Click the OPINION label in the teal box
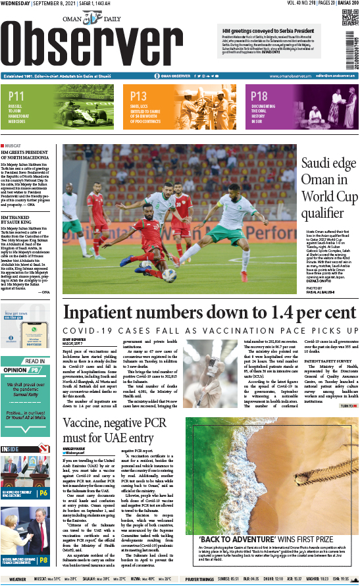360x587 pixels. [14, 370]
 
